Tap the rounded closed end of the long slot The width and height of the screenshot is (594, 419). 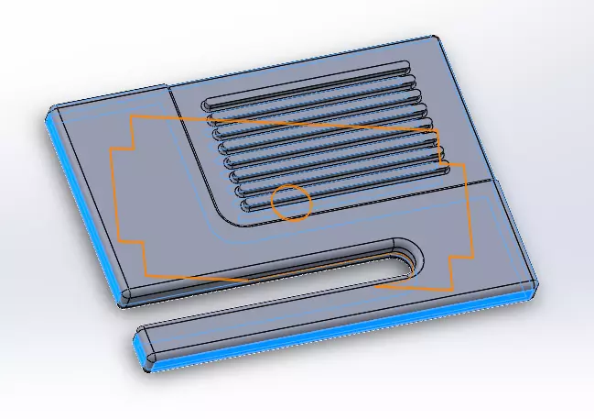(413, 258)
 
